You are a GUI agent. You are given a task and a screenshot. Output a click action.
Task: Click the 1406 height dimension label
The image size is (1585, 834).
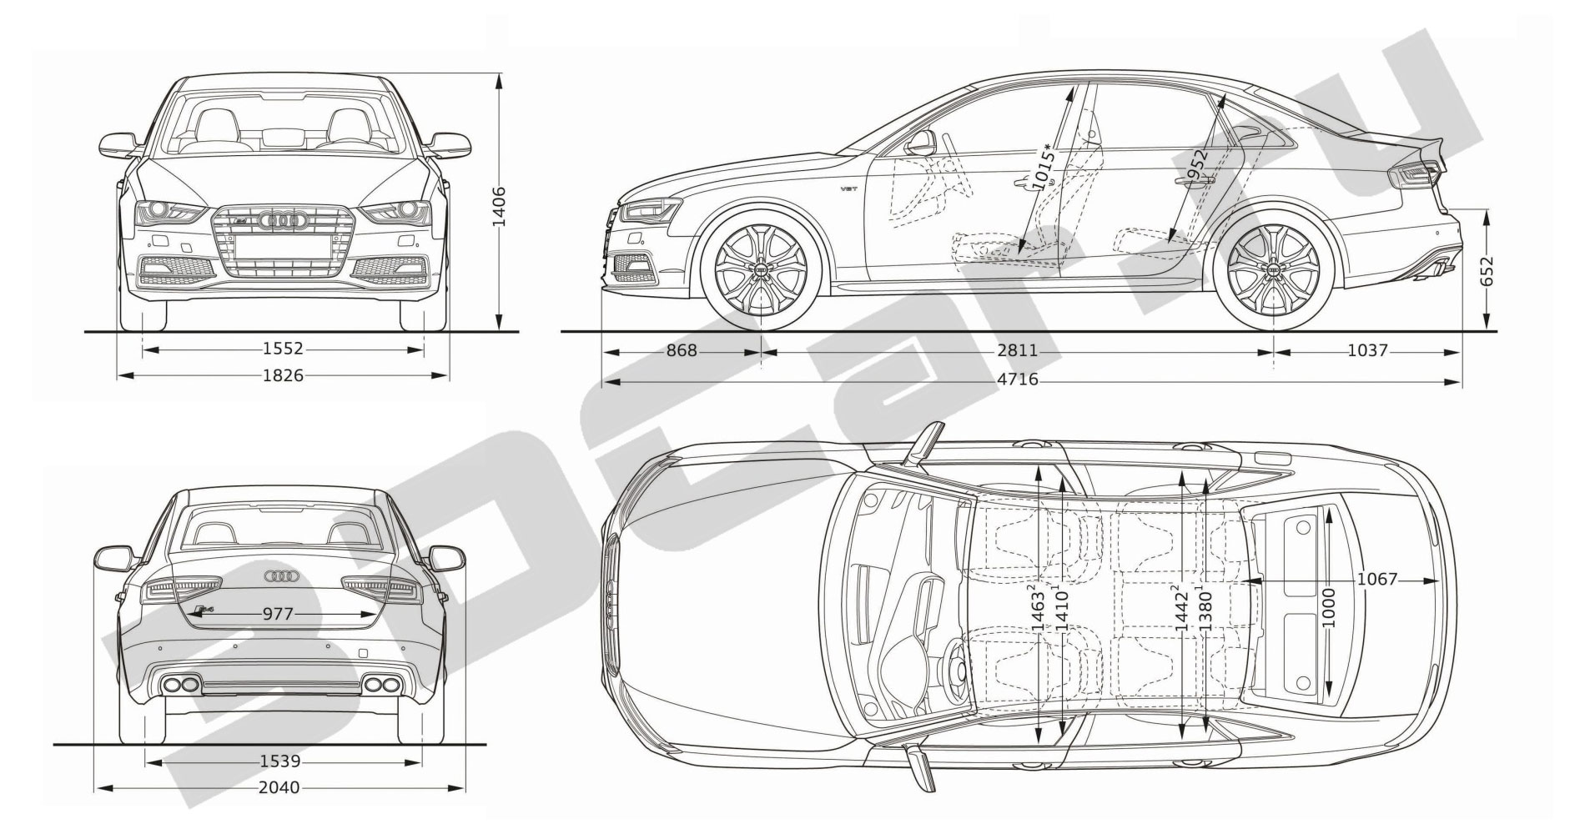499,206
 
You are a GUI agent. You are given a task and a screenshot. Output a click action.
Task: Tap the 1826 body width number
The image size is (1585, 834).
283,376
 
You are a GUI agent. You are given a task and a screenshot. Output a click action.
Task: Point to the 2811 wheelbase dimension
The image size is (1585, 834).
1018,351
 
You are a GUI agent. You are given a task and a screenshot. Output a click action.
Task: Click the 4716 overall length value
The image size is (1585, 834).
1018,380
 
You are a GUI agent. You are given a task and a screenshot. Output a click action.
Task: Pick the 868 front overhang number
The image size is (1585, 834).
682,351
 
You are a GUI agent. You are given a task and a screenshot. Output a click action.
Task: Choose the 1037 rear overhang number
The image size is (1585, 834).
1368,351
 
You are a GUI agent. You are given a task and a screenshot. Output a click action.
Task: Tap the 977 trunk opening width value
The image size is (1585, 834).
278,615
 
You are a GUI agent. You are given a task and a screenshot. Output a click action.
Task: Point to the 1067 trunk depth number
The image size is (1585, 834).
1377,579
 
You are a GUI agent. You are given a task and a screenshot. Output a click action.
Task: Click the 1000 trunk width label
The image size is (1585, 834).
1330,609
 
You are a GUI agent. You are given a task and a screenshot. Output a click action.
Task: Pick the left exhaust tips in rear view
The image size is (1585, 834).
181,686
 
